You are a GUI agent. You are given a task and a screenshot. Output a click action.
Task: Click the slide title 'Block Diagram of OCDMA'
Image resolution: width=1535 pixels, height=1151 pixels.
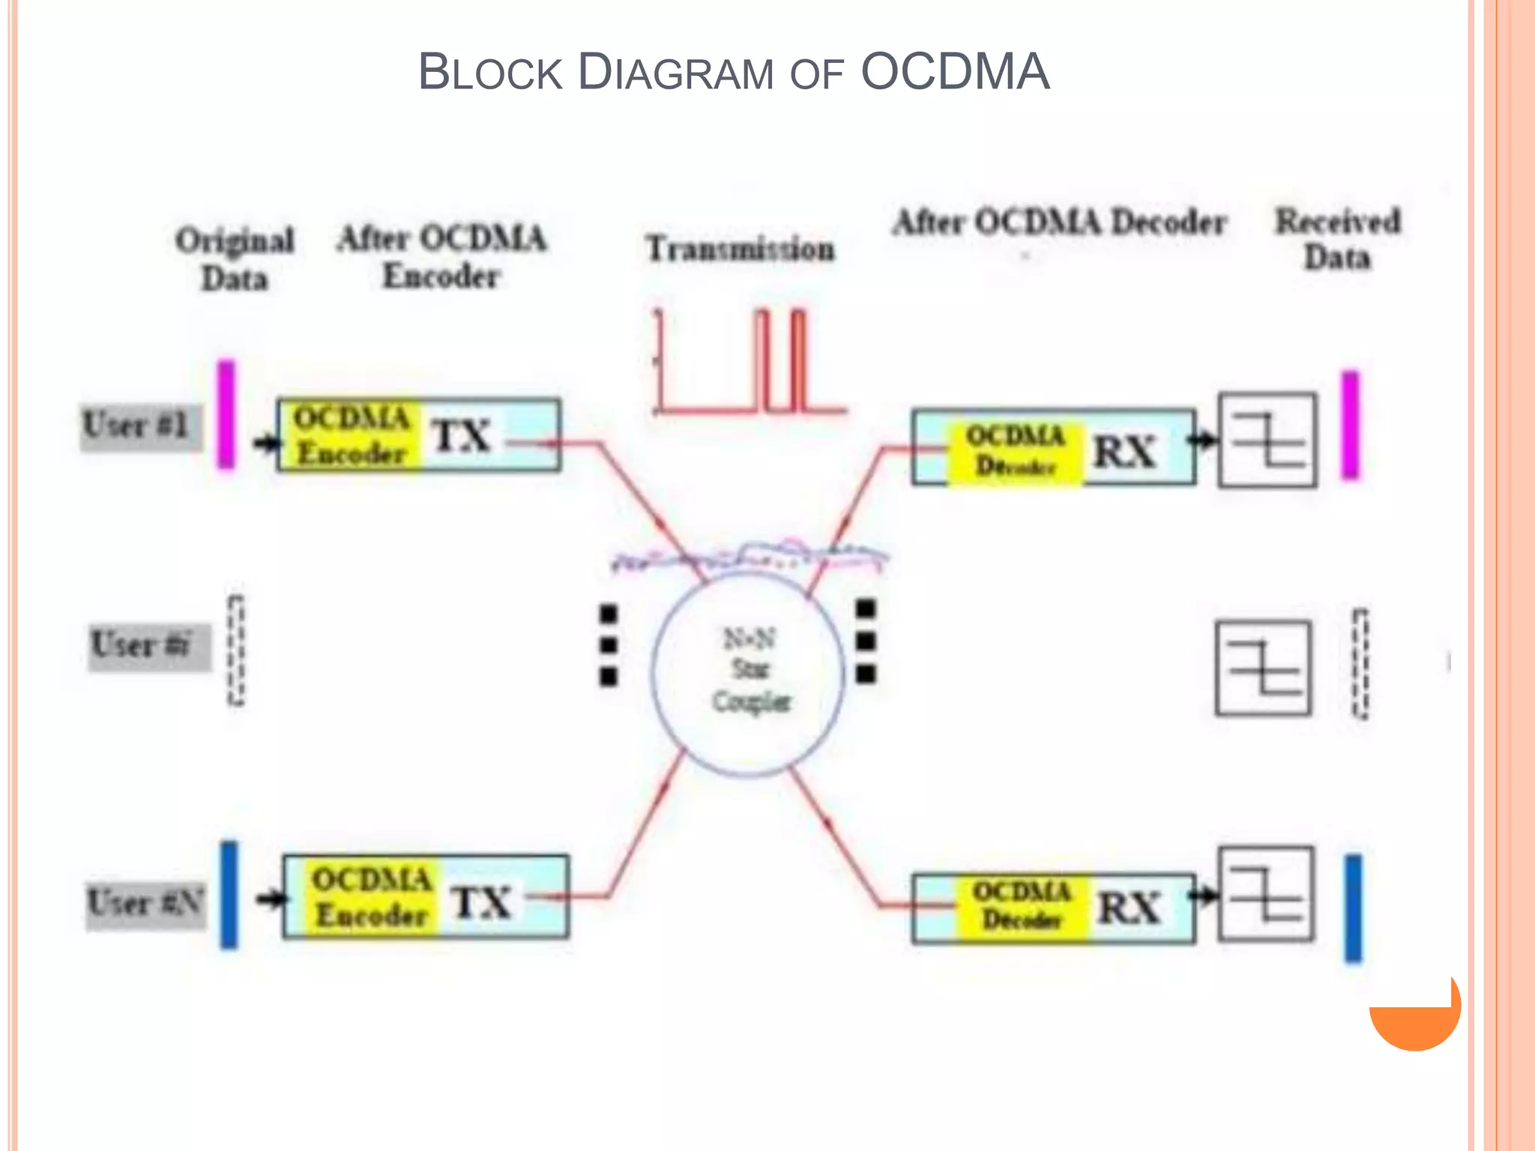[733, 73]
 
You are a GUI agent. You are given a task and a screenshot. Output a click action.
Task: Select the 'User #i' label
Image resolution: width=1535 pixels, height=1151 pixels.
[147, 646]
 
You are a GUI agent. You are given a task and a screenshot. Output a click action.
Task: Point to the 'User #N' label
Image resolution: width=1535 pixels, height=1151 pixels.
[145, 902]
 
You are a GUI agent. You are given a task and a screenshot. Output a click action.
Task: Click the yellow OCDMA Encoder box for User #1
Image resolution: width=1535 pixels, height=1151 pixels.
[350, 435]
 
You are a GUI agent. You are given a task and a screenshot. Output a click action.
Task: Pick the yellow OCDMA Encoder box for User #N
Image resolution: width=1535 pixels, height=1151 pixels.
[371, 897]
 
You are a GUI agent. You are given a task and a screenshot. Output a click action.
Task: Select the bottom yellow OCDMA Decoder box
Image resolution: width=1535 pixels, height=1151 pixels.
[1021, 906]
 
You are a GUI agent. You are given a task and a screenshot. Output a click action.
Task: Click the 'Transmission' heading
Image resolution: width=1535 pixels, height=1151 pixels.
[740, 249]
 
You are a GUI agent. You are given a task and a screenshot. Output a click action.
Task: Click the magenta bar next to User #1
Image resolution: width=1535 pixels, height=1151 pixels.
[226, 414]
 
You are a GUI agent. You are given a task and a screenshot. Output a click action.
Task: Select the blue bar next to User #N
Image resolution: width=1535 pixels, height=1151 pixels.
[229, 895]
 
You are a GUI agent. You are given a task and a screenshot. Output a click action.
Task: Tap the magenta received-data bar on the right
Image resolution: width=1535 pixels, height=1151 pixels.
[1350, 425]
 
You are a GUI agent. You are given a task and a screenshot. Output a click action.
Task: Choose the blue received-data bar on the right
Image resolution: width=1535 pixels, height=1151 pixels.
[1354, 907]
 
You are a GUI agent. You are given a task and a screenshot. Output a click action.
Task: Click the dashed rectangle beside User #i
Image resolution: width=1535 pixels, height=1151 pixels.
[236, 650]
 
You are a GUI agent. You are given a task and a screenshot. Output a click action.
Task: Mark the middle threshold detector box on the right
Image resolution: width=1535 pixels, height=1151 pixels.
[1264, 668]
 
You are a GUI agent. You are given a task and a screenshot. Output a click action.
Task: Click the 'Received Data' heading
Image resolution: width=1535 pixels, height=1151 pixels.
[1338, 238]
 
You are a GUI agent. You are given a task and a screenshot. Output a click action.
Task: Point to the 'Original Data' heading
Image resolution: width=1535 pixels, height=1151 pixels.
[235, 259]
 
